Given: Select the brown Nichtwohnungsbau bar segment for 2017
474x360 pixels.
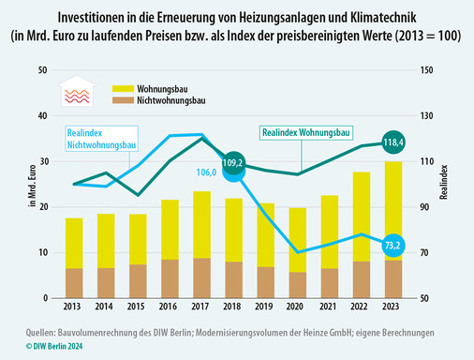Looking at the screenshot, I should [201, 278].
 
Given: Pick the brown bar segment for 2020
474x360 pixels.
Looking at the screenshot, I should [298, 285].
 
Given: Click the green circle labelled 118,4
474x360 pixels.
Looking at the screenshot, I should [394, 142].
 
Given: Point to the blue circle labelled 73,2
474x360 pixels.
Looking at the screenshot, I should [394, 245].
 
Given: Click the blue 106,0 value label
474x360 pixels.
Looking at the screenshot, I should [207, 172].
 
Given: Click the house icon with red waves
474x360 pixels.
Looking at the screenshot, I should [76, 92].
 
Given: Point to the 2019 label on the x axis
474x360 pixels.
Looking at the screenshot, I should [266, 307].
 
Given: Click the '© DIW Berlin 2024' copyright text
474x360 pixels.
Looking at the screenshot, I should [42, 347].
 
